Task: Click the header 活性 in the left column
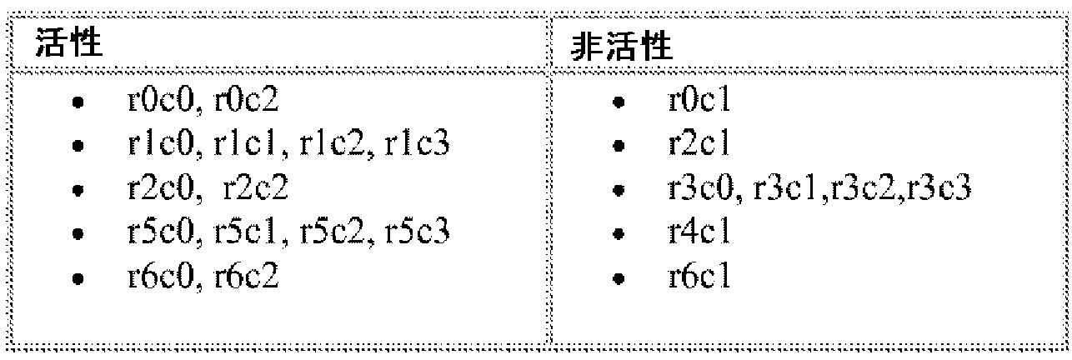tap(68, 43)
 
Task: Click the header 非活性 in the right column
tap(621, 47)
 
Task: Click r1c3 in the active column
tap(417, 145)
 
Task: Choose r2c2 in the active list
tap(256, 188)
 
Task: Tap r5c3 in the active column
tap(418, 232)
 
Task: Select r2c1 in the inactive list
tap(699, 145)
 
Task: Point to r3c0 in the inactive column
tap(704, 188)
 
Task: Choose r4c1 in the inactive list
tap(699, 232)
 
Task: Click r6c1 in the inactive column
tap(699, 276)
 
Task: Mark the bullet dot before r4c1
tap(618, 234)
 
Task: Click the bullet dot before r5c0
tap(78, 234)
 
